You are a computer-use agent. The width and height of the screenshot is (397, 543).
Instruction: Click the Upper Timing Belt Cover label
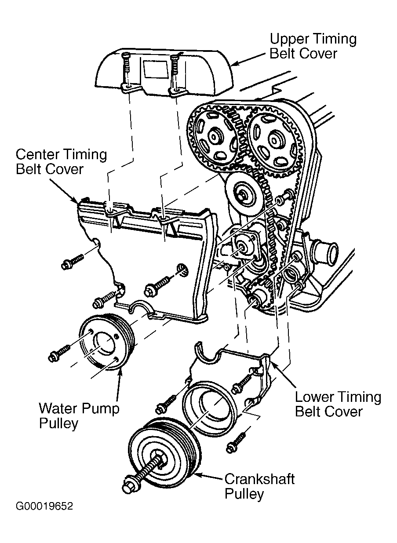(313, 46)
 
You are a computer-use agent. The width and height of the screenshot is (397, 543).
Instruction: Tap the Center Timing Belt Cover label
(61, 161)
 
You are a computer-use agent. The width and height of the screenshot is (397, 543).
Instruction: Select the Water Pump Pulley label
(79, 415)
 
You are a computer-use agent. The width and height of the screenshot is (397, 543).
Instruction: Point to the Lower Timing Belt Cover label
(338, 404)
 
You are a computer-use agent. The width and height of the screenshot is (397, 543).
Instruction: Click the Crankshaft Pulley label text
(259, 486)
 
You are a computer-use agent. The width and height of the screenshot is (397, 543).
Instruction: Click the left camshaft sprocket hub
(215, 137)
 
